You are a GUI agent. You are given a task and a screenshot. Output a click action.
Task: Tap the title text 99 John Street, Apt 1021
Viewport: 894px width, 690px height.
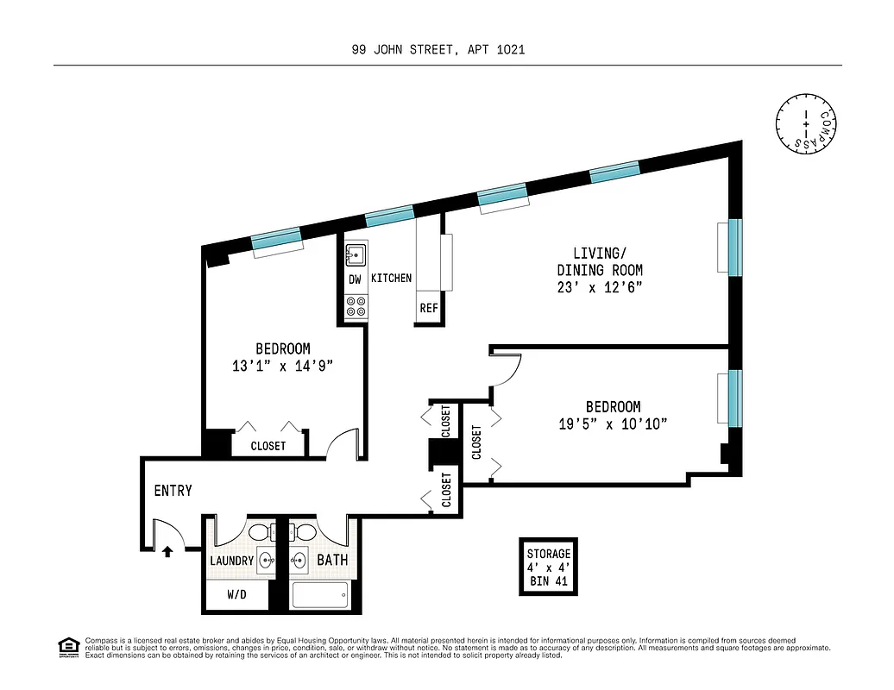pos(438,49)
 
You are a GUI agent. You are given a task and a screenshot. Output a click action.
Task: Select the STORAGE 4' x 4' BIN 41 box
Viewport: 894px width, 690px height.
pos(549,567)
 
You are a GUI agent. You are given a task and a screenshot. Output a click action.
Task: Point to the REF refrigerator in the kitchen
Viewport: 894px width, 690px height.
pos(429,308)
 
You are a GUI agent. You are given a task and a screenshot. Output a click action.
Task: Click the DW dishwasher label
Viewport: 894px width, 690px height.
pos(355,279)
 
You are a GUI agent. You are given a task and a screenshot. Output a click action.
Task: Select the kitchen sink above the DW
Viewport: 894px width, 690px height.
pos(356,255)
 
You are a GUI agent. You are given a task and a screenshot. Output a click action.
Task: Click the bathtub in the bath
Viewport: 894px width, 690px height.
pos(320,594)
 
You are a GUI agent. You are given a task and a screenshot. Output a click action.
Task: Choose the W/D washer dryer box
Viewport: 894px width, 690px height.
pos(237,594)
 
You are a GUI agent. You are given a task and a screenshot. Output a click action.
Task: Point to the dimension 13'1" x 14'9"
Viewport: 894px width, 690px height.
pos(282,366)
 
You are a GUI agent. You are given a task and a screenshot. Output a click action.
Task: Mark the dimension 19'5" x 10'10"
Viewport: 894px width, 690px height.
pos(613,423)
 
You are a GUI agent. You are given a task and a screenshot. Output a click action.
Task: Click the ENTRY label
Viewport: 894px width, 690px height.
pos(173,491)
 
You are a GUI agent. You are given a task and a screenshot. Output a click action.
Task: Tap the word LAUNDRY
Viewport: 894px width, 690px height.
pos(231,561)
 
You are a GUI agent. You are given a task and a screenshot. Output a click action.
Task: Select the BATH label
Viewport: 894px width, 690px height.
pos(332,561)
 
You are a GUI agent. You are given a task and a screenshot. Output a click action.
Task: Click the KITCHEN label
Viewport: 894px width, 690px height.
pos(391,279)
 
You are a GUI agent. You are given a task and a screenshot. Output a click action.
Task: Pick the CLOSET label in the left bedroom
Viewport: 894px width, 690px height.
pos(268,446)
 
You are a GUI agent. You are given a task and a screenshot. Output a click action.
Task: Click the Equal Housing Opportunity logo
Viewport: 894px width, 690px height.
pos(66,646)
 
